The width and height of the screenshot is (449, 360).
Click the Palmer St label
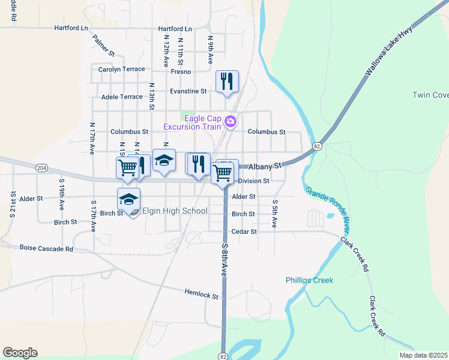pyautogui.click(x=103, y=45)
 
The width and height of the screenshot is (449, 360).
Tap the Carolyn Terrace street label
pyautogui.click(x=122, y=69)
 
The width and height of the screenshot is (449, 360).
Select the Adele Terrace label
pyautogui.click(x=122, y=97)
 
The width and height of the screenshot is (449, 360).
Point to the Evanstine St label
pyautogui.click(x=188, y=91)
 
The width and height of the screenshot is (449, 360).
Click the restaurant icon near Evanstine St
pyautogui.click(x=227, y=81)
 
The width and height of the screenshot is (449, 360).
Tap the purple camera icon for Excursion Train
pyautogui.click(x=230, y=122)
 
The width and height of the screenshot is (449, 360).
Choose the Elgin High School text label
pyautogui.click(x=175, y=211)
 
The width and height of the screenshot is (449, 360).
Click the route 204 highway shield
pyautogui.click(x=41, y=167)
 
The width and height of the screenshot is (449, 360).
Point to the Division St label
pyautogui.click(x=253, y=181)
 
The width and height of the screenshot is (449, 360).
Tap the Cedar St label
pyautogui.click(x=244, y=232)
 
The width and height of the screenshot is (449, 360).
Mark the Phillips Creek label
pyautogui.click(x=309, y=280)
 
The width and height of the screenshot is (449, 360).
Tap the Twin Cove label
pyautogui.click(x=430, y=95)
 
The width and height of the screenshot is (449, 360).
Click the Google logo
pyautogui.click(x=20, y=353)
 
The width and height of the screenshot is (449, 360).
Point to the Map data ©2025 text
pyautogui.click(x=423, y=355)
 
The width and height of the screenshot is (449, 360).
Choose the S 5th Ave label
pyautogui.click(x=274, y=214)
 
